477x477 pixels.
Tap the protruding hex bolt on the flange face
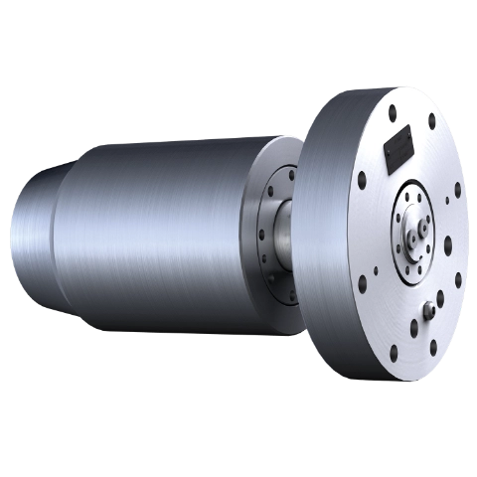pos(428,310)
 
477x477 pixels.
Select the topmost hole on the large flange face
pos(395,111)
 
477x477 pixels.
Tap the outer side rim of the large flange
pos(323,238)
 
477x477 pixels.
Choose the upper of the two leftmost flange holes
pos(362,181)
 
